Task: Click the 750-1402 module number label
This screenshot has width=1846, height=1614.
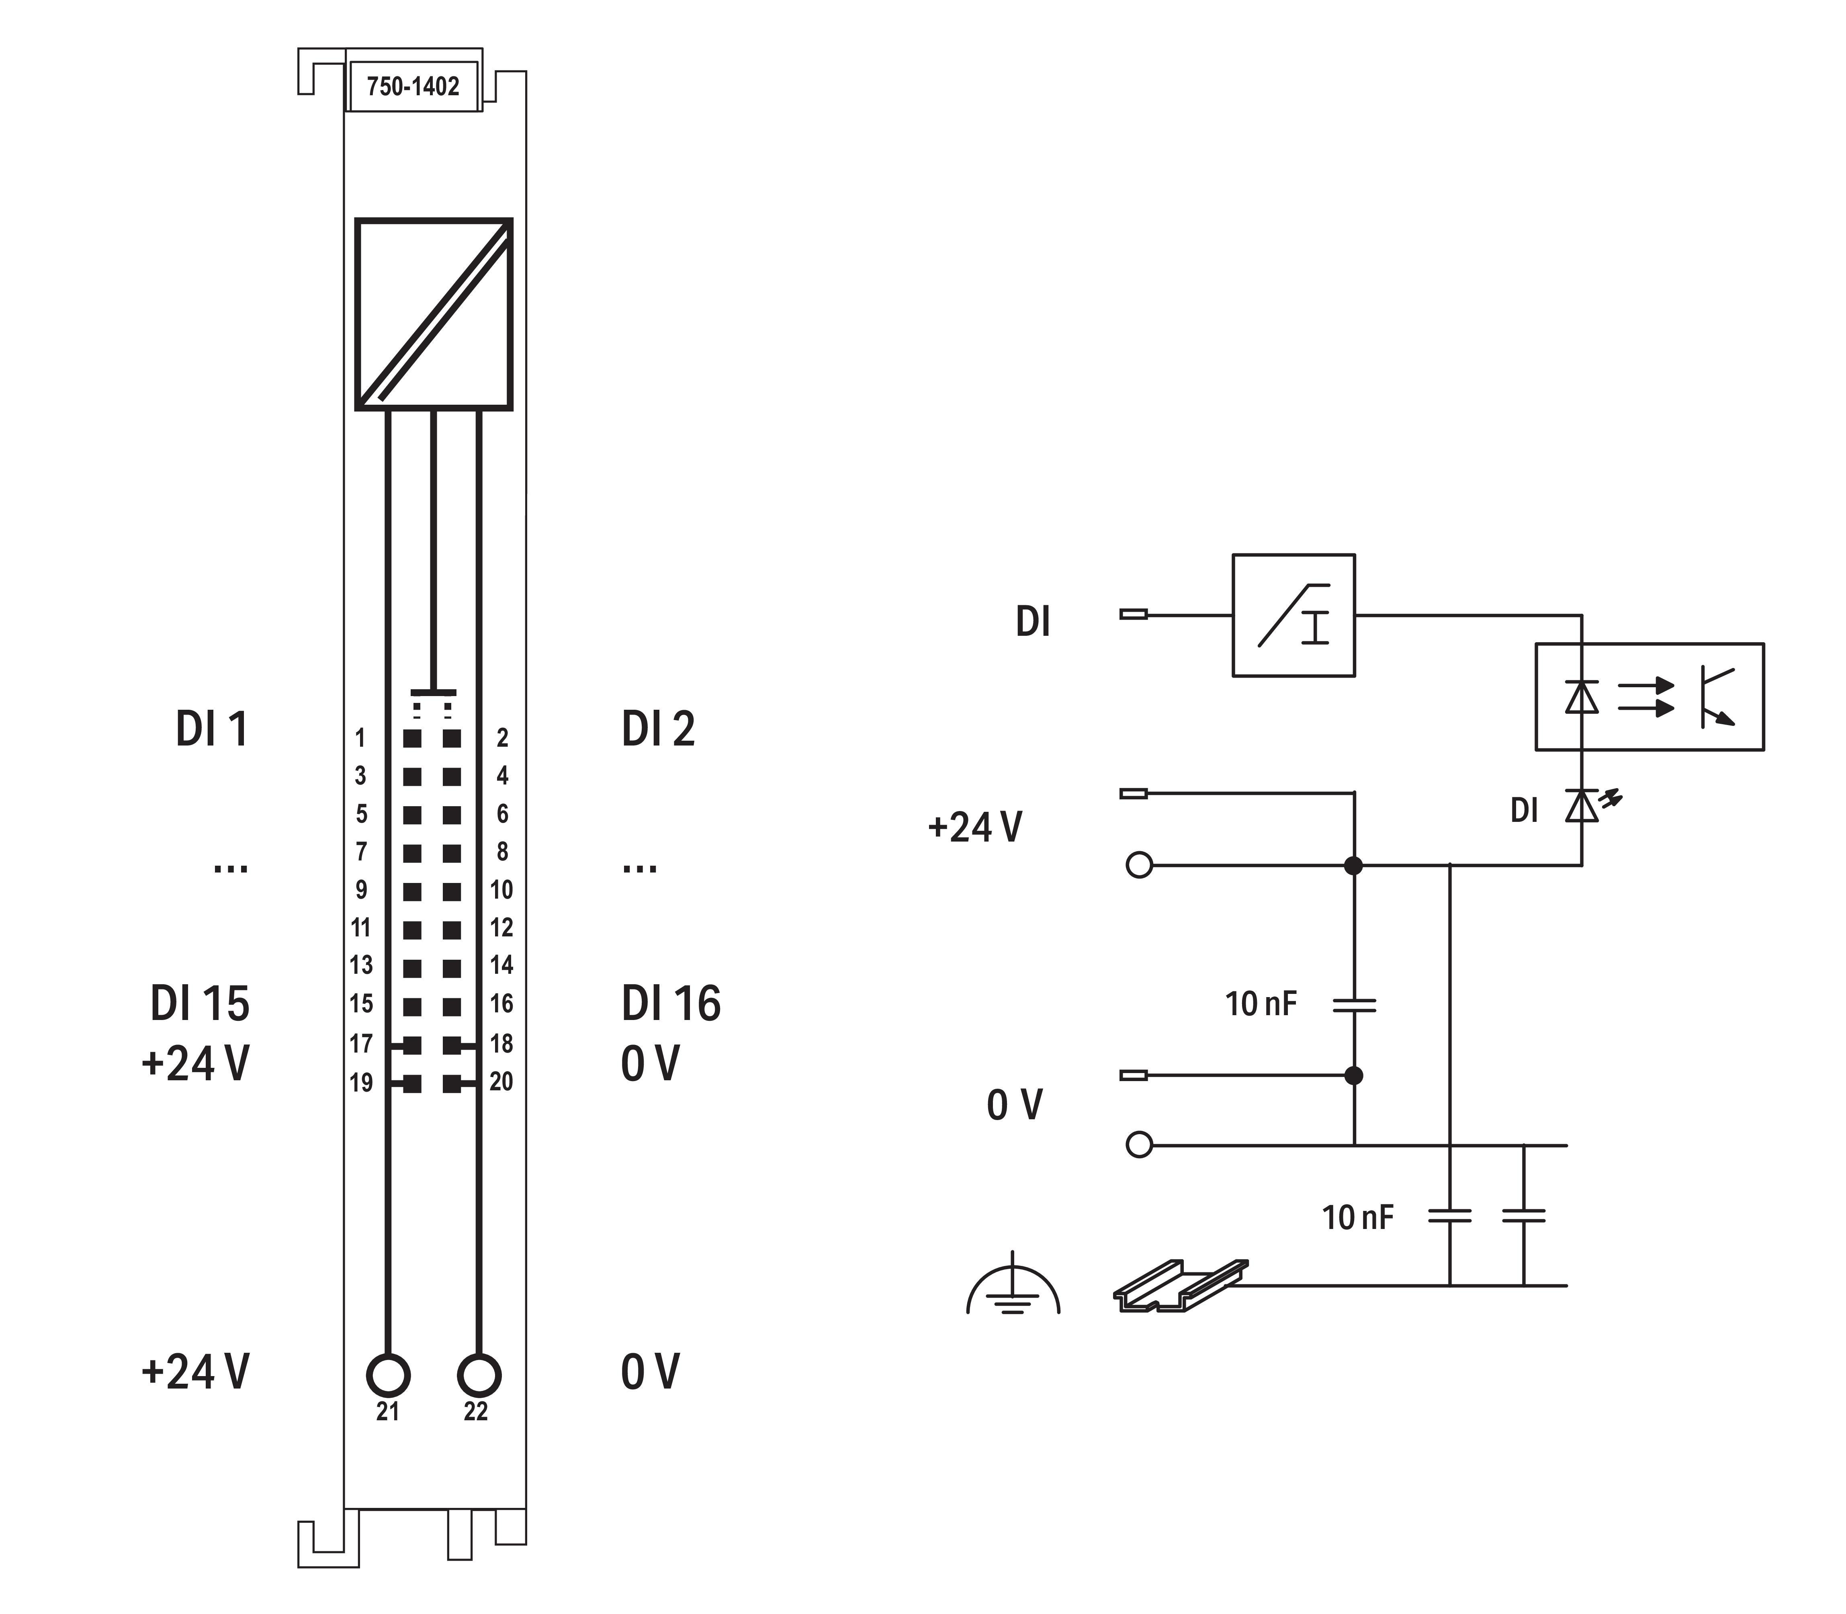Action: click(x=413, y=86)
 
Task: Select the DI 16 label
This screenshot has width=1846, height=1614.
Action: click(x=671, y=1004)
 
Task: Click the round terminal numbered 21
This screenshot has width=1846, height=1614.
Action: click(x=388, y=1376)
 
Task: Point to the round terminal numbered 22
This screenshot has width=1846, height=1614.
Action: click(x=478, y=1376)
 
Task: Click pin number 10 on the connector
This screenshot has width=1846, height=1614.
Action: click(x=501, y=890)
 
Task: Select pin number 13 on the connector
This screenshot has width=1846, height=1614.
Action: click(x=361, y=965)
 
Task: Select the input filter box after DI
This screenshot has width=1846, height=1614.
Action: click(x=1293, y=615)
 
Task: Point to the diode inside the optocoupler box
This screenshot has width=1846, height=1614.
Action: click(x=1582, y=696)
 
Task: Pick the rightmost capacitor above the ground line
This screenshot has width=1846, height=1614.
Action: click(x=1524, y=1216)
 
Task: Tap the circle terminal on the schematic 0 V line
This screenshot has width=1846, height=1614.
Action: click(x=1139, y=1145)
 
